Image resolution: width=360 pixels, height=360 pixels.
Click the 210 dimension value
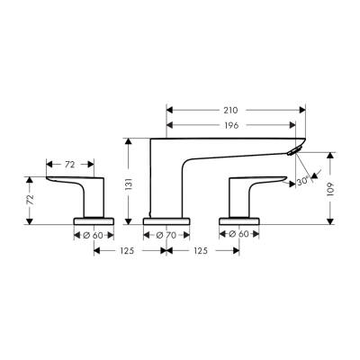[233, 109]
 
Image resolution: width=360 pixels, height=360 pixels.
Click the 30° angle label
[303, 180]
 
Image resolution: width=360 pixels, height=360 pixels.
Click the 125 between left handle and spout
[130, 251]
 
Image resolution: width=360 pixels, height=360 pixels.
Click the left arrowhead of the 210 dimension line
[170, 109]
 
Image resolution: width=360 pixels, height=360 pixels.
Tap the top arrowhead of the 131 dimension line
[130, 140]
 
